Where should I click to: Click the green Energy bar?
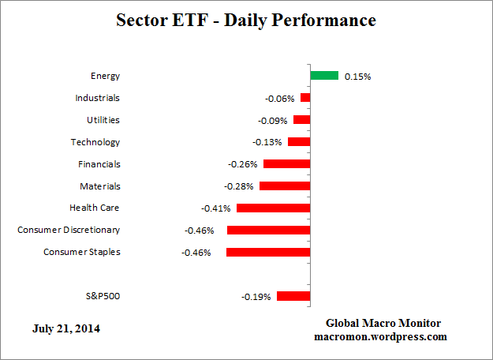[324, 76]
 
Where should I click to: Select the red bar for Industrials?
[305, 98]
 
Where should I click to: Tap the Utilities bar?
[301, 120]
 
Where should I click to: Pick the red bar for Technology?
[299, 142]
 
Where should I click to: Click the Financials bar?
[286, 164]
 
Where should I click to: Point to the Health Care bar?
[273, 208]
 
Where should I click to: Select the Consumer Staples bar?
[268, 253]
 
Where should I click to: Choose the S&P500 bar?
[293, 296]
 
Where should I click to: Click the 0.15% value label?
[357, 77]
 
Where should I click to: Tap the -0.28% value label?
[240, 187]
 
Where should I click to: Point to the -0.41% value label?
[216, 209]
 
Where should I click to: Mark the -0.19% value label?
[256, 297]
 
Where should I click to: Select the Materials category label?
[99, 186]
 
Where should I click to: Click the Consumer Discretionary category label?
[69, 230]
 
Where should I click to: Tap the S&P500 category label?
[103, 296]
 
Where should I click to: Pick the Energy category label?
[105, 76]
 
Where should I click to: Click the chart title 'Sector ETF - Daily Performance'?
[246, 21]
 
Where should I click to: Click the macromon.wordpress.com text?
[383, 336]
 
